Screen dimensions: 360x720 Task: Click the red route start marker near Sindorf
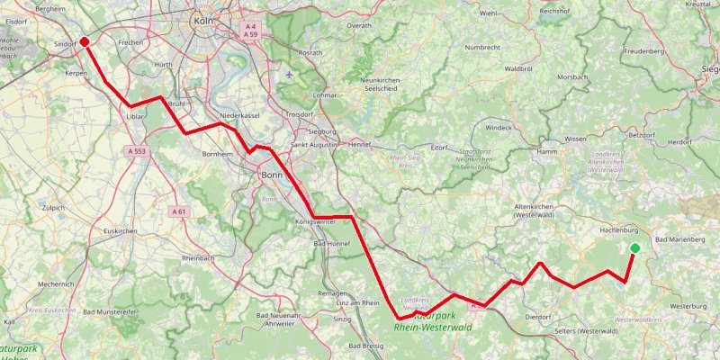pos(84,41)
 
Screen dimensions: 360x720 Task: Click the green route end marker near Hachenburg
pos(634,248)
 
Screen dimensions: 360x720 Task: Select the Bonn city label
pos(273,175)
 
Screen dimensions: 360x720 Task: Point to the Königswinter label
pos(315,220)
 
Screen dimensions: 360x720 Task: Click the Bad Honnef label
pos(330,244)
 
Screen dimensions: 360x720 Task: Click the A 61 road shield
pos(178,211)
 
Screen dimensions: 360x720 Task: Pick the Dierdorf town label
pos(537,317)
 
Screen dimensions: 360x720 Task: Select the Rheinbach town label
pos(199,258)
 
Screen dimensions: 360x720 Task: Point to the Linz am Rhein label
pos(357,303)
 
